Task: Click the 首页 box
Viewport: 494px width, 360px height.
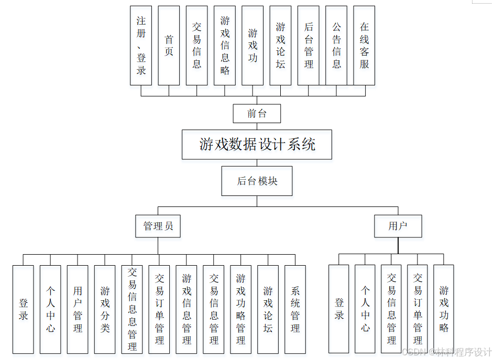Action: (x=169, y=46)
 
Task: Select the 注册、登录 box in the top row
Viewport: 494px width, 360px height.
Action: (x=141, y=46)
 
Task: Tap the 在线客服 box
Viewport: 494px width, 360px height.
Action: (x=364, y=46)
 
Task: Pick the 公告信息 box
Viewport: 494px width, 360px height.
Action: (x=336, y=46)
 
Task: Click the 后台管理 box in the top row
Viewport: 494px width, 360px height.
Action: (x=309, y=46)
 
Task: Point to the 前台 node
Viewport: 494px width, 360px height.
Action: (x=257, y=113)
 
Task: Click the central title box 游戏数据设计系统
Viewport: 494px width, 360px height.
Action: (x=257, y=144)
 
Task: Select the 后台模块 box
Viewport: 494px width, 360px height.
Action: (x=257, y=181)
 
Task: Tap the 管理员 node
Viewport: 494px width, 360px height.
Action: (x=158, y=226)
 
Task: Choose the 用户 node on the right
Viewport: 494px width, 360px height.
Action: (x=398, y=226)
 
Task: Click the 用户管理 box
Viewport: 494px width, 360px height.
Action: (x=78, y=309)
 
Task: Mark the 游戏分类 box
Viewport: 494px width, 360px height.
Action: (x=105, y=309)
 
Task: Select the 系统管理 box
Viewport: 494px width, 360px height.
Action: (x=295, y=309)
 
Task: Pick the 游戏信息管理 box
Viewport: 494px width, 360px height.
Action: (x=186, y=309)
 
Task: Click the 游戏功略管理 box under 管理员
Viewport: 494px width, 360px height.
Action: (x=241, y=309)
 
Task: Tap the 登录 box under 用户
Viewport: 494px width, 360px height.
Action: (x=339, y=309)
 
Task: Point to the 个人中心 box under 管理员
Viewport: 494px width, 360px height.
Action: (x=50, y=309)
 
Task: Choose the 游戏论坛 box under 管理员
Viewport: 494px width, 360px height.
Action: (x=268, y=309)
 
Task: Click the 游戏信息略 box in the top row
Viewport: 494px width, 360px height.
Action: (x=225, y=46)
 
